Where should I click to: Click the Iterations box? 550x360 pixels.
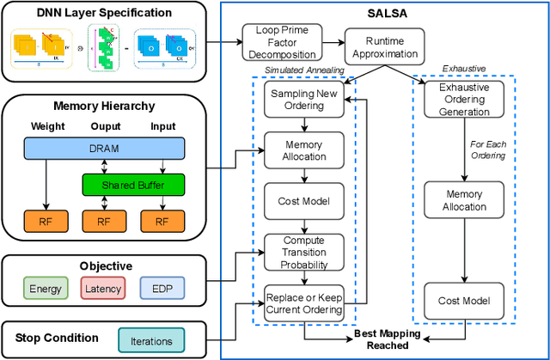151,340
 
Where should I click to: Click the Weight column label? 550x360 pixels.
48,127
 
